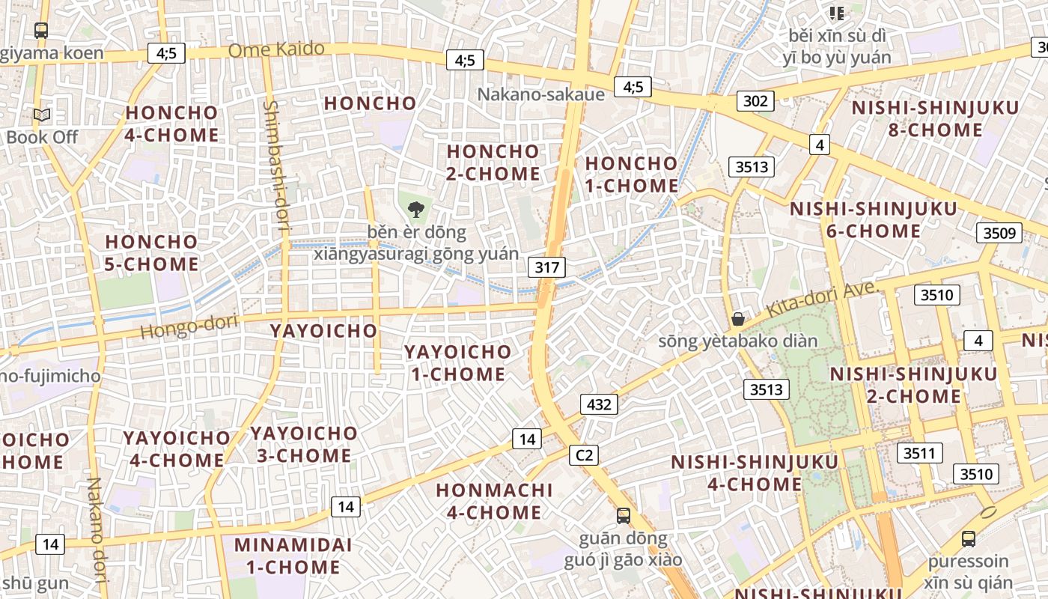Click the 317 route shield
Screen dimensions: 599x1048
pyautogui.click(x=546, y=267)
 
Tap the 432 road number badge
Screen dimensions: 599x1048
pyautogui.click(x=599, y=404)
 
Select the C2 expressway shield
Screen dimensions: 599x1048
pyautogui.click(x=583, y=454)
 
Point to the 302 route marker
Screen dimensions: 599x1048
pyautogui.click(x=755, y=100)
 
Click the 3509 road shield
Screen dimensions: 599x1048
pyautogui.click(x=999, y=233)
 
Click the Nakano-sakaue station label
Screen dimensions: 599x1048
pyautogui.click(x=541, y=94)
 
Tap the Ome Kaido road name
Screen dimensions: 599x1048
pyautogui.click(x=276, y=50)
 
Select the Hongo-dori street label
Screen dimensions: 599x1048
pyautogui.click(x=189, y=326)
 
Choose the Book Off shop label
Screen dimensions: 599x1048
pyautogui.click(x=42, y=137)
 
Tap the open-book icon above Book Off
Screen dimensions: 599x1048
pyautogui.click(x=42, y=115)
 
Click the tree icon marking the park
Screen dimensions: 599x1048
pyautogui.click(x=416, y=210)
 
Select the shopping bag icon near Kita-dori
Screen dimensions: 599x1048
pyautogui.click(x=738, y=319)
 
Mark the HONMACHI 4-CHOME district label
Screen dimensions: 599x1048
pyautogui.click(x=494, y=501)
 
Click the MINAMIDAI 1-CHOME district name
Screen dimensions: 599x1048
pyautogui.click(x=287, y=556)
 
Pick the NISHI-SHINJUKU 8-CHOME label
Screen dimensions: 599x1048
pyautogui.click(x=935, y=118)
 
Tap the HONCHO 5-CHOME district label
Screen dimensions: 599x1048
pyautogui.click(x=152, y=253)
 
